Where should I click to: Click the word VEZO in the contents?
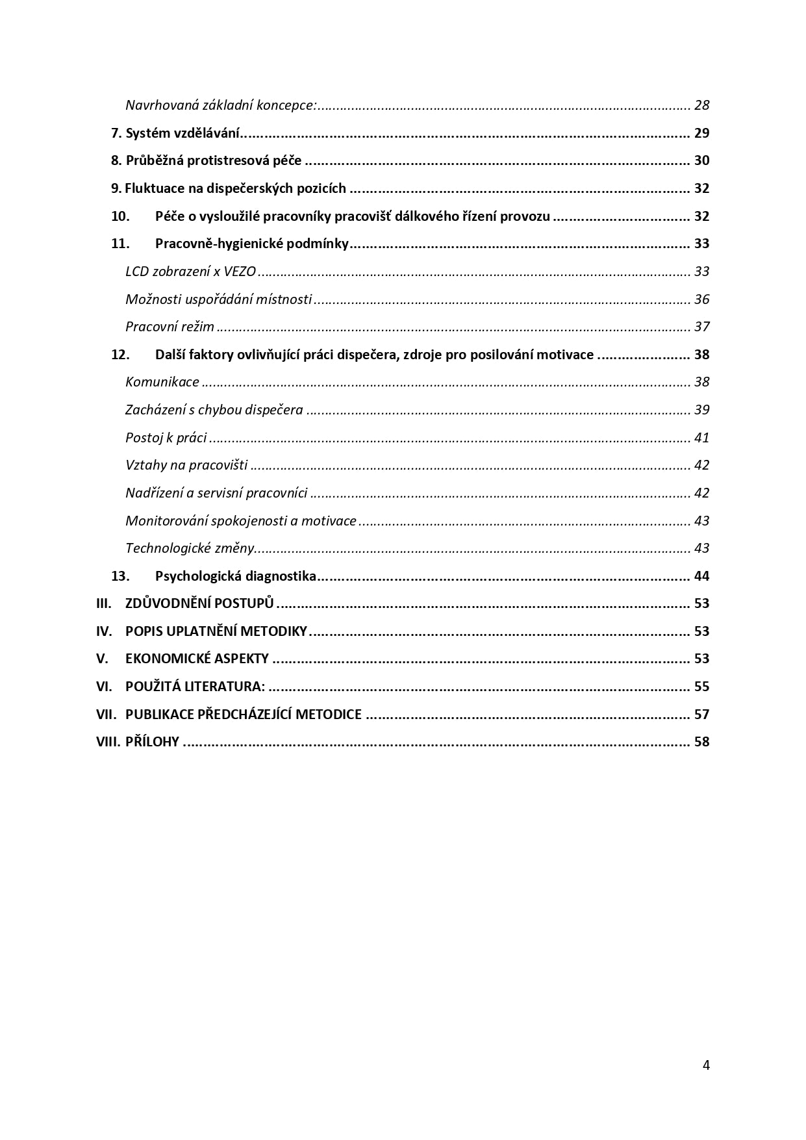click(240, 272)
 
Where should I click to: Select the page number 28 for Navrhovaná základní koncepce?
click(701, 105)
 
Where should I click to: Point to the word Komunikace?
click(162, 382)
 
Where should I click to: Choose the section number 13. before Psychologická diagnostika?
click(120, 576)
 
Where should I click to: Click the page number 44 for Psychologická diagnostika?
click(701, 576)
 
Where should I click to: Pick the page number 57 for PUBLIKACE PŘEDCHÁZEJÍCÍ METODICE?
click(701, 715)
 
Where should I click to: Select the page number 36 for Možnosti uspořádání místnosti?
click(701, 299)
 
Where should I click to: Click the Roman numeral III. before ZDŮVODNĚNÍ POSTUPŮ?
click(104, 603)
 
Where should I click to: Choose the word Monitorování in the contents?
click(166, 521)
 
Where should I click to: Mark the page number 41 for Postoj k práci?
click(701, 438)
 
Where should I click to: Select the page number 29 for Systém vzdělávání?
click(701, 133)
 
